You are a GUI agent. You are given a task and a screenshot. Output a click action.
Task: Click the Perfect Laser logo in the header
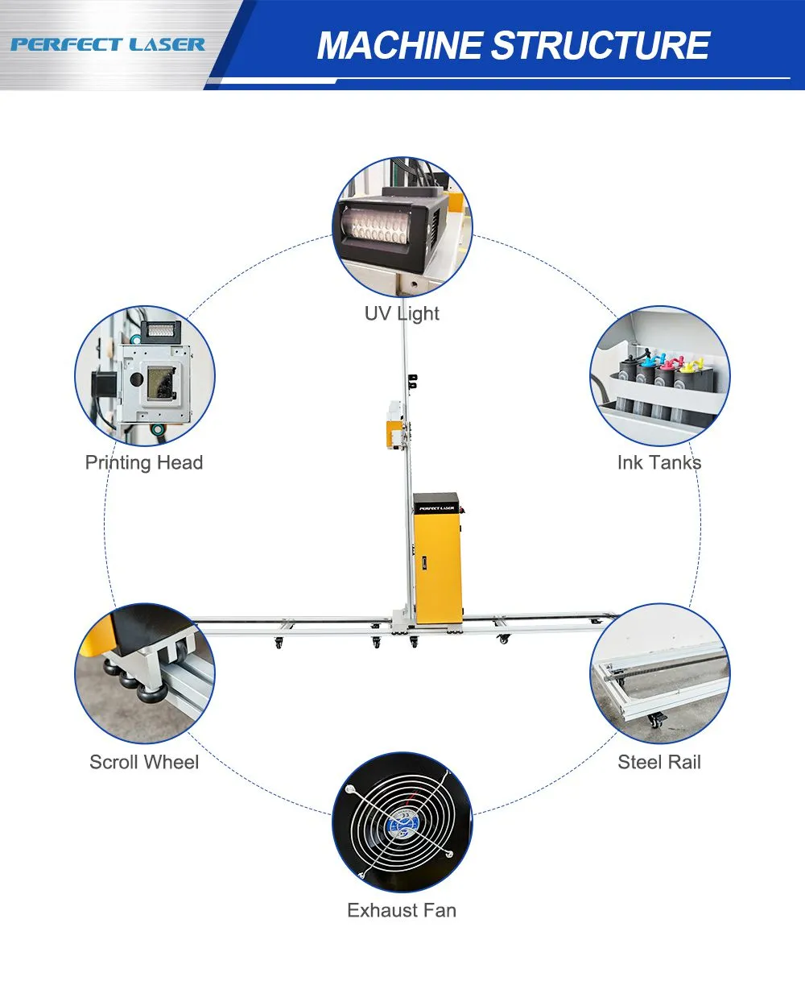click(107, 44)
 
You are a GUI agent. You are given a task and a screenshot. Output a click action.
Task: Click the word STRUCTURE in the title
click(600, 46)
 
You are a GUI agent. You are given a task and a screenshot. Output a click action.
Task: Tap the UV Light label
click(402, 313)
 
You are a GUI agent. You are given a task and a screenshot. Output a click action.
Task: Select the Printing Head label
click(144, 463)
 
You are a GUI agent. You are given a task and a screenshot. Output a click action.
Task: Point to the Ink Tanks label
click(659, 463)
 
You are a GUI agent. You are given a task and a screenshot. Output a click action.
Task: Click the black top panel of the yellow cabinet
click(436, 503)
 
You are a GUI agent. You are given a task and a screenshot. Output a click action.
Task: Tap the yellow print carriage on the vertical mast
click(394, 433)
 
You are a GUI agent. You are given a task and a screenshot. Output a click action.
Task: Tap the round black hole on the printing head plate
click(136, 379)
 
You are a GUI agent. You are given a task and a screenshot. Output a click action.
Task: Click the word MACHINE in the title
click(399, 46)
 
